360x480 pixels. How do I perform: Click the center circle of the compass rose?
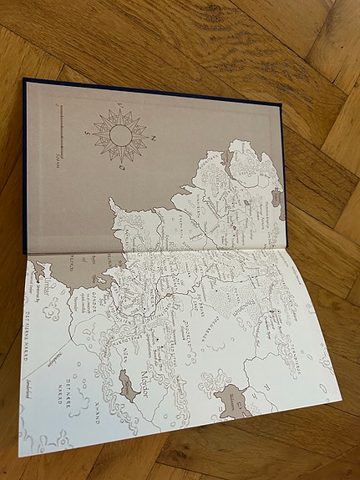pyautogui.click(x=122, y=134)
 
